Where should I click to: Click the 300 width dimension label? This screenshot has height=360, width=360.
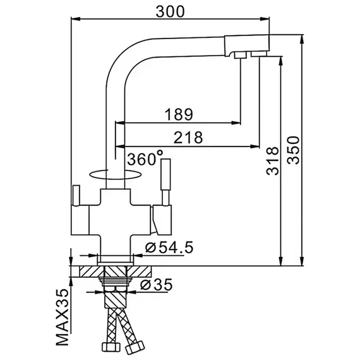(170, 12)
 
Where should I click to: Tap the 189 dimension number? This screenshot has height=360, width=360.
(179, 114)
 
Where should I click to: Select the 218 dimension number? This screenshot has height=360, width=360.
(188, 138)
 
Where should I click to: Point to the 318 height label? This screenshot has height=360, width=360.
(272, 161)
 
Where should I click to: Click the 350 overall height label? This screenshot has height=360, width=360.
(294, 150)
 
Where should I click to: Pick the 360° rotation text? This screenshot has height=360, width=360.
(145, 158)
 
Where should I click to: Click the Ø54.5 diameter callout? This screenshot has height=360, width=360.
(169, 248)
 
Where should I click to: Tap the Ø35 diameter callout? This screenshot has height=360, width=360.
(156, 285)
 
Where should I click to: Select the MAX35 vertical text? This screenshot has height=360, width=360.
(63, 317)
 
